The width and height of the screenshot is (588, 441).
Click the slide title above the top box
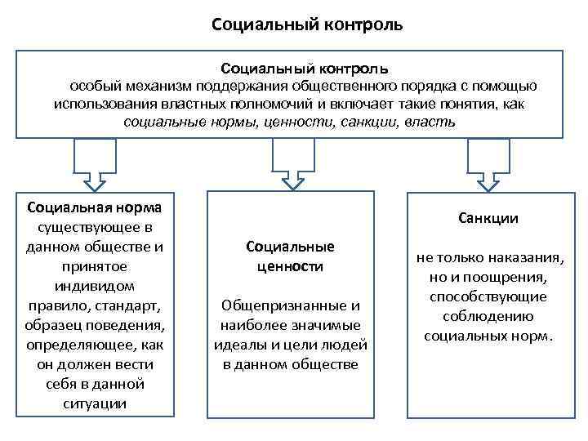pos(306,24)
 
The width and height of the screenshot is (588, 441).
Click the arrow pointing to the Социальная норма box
pos(96,163)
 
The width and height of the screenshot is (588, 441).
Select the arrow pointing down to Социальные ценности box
pos(291,163)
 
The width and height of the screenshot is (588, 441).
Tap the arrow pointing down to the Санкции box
pos(488,163)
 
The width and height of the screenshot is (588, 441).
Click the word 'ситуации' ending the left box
pos(96,403)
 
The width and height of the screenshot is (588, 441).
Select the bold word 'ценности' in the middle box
pos(292,266)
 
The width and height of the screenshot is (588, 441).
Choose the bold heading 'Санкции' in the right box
pos(488,218)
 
